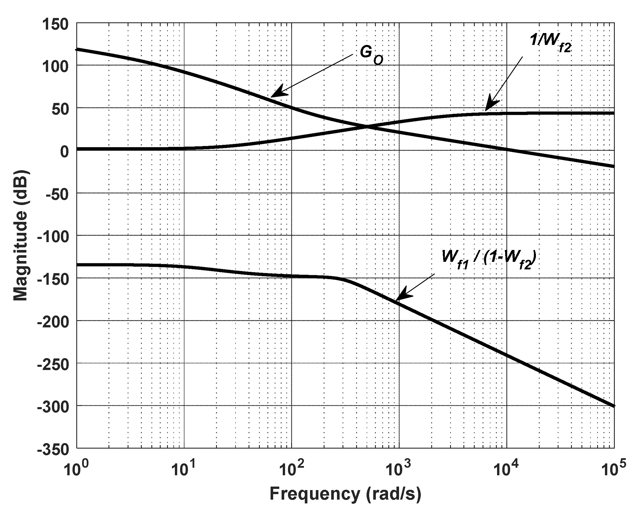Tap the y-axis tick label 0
(x=64, y=152)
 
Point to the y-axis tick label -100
(x=53, y=237)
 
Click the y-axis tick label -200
(x=53, y=322)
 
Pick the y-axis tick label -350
(x=53, y=449)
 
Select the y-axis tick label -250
(x=53, y=365)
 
